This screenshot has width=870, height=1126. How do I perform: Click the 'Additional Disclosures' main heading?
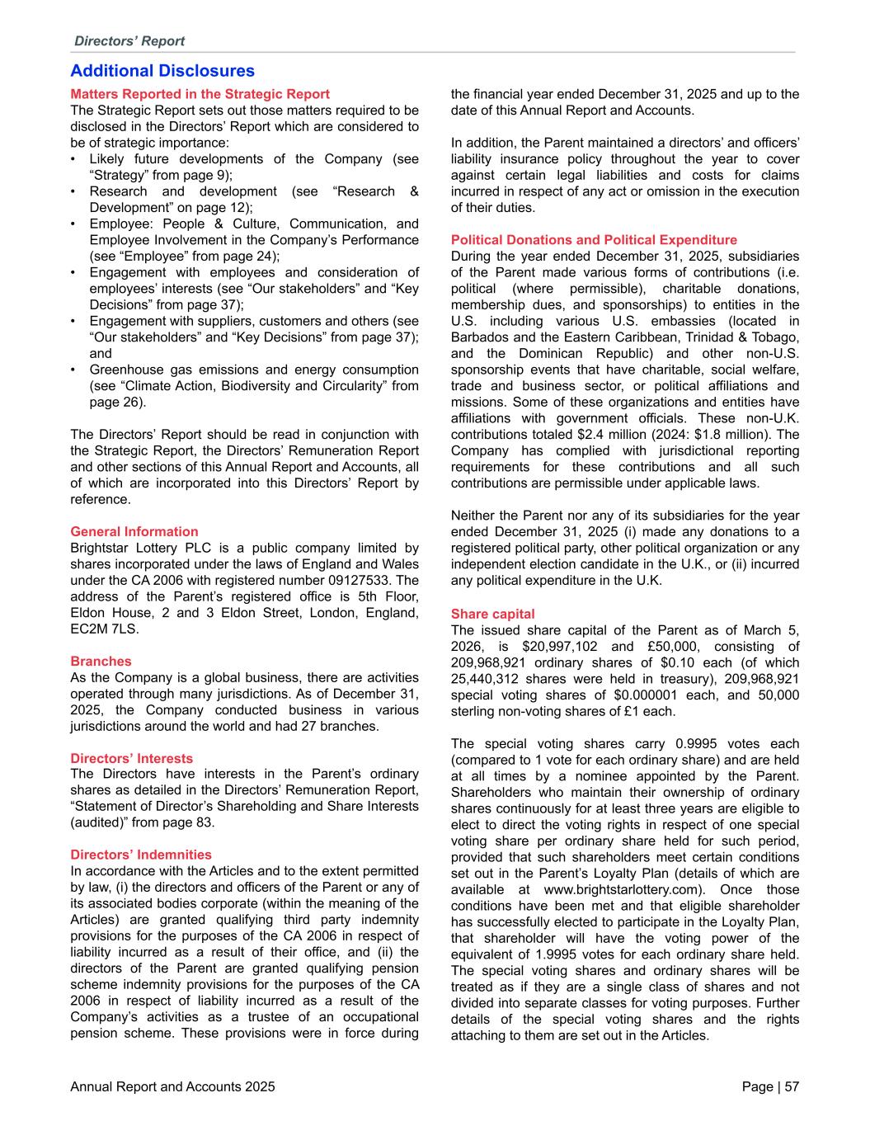click(x=162, y=72)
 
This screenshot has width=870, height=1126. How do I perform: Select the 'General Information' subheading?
click(x=134, y=532)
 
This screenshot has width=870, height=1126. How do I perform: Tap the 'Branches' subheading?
click(x=101, y=662)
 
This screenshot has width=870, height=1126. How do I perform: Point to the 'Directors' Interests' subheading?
click(x=131, y=759)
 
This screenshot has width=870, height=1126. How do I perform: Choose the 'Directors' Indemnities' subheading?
click(x=141, y=855)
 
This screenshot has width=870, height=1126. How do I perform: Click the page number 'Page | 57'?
click(x=770, y=1087)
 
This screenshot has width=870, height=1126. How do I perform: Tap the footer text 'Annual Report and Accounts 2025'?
click(x=172, y=1087)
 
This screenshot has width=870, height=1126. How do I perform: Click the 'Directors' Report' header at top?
click(x=129, y=41)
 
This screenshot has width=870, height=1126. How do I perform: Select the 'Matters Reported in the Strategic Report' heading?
click(x=200, y=95)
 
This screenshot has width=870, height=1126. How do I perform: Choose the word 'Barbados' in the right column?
click(x=480, y=337)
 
